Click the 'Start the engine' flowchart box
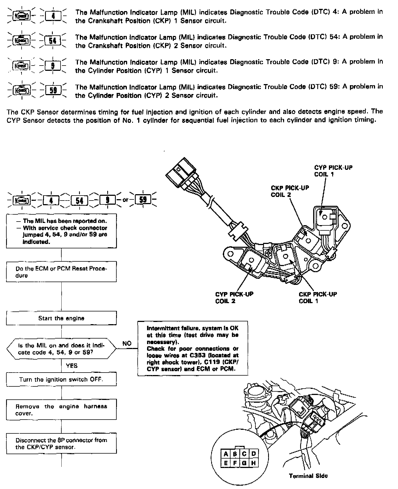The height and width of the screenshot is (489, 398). [x=61, y=318]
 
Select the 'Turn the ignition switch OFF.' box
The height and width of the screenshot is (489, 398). [x=61, y=379]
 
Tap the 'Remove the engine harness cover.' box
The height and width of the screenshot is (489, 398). [x=61, y=410]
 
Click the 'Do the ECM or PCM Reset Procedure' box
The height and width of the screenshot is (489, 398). [x=61, y=272]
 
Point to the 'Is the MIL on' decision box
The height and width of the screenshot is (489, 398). [x=61, y=349]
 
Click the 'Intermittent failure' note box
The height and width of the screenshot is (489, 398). [x=193, y=348]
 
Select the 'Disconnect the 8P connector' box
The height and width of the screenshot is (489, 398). [x=61, y=443]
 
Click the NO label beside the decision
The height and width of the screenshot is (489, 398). [x=127, y=343]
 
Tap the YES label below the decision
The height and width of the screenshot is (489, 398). [x=72, y=366]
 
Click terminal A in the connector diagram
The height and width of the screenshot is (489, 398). [x=226, y=454]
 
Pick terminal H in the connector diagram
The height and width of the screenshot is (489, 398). [x=253, y=463]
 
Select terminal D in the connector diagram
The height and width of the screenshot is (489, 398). [x=253, y=454]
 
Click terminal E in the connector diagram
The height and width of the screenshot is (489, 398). [x=226, y=463]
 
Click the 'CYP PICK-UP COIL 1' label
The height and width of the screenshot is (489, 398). [x=333, y=171]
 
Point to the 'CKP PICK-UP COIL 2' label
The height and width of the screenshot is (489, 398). [x=290, y=191]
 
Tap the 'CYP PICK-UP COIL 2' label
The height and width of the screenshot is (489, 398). [x=234, y=297]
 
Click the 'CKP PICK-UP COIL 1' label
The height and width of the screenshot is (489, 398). [x=318, y=297]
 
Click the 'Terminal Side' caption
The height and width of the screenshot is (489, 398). [x=308, y=476]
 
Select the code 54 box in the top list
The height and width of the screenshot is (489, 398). [x=53, y=41]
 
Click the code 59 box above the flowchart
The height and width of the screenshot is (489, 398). [x=143, y=199]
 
